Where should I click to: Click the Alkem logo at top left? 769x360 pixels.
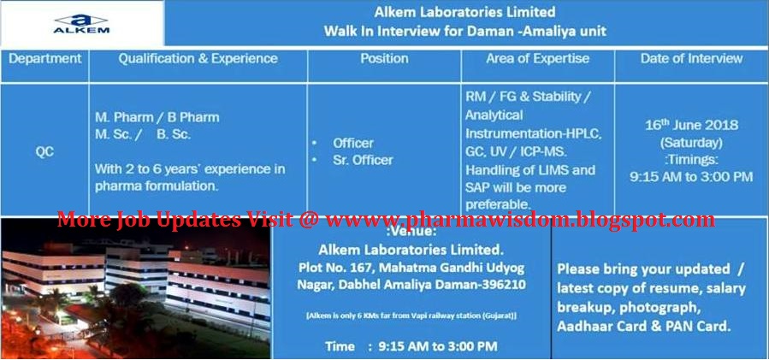[x=80, y=23]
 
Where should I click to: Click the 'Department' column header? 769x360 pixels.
[x=46, y=59]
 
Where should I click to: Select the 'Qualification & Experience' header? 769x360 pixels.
[x=198, y=59]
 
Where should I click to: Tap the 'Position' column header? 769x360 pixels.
[x=384, y=59]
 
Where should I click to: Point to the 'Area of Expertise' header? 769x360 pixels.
[x=537, y=59]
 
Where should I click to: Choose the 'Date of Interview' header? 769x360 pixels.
[x=691, y=59]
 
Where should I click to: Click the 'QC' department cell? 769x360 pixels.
[x=44, y=150]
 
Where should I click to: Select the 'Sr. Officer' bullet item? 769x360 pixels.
[x=363, y=160]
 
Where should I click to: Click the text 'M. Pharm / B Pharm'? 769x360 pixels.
[x=157, y=117]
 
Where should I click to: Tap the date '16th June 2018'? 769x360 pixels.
[x=691, y=125]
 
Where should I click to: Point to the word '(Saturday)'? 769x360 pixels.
[x=691, y=142]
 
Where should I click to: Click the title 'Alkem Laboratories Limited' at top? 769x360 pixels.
[x=464, y=12]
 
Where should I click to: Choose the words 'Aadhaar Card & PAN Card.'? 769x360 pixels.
[x=643, y=327]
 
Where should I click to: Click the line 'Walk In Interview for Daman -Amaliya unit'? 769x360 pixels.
[x=464, y=32]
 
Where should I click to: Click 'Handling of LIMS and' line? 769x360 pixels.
[x=530, y=170]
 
